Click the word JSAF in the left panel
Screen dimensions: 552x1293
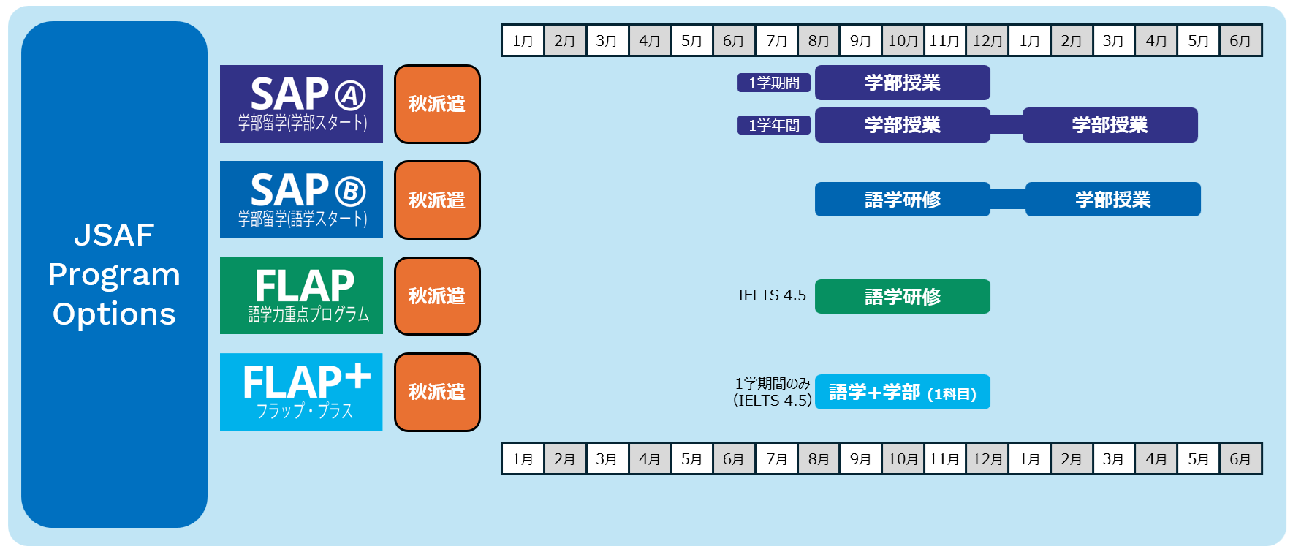coord(114,235)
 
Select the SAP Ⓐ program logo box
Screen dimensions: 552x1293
coord(301,104)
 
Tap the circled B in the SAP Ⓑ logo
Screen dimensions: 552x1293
coord(350,192)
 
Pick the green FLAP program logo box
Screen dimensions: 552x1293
coord(301,295)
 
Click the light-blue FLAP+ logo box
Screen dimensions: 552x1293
coord(301,392)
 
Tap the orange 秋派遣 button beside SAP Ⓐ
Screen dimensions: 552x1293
coord(437,104)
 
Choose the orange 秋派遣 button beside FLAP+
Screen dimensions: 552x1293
coord(437,392)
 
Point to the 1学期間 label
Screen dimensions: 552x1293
coord(774,83)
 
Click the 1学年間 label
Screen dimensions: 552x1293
coord(774,125)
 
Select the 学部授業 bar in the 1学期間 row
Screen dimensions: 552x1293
coord(902,83)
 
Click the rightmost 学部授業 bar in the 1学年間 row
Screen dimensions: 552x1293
coord(1110,125)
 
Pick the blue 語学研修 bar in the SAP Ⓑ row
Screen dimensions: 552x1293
coord(902,200)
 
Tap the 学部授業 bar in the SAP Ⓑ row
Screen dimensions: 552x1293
coord(1112,200)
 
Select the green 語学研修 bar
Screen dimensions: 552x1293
coord(902,297)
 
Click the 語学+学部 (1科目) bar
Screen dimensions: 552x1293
coord(902,393)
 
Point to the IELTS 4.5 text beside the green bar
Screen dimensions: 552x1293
coord(772,295)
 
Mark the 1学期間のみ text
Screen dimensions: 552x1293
coord(773,383)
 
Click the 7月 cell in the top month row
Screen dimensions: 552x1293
coord(776,41)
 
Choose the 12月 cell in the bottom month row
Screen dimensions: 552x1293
coord(987,459)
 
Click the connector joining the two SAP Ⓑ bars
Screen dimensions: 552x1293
coord(1008,200)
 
